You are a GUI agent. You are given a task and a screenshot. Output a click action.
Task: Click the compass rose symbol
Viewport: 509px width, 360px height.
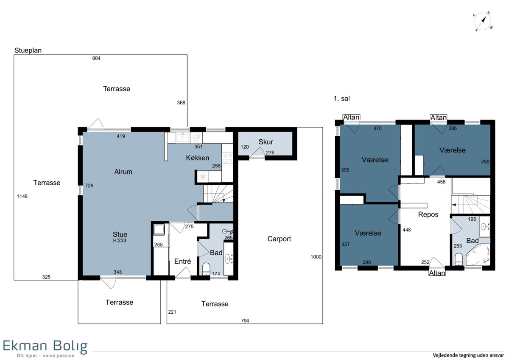coord(483,22)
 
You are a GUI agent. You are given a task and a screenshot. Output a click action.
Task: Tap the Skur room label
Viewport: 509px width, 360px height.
coord(266,142)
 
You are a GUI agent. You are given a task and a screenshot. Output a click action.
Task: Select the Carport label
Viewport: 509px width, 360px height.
coord(279,239)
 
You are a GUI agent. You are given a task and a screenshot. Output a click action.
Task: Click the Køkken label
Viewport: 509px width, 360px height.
coord(198,158)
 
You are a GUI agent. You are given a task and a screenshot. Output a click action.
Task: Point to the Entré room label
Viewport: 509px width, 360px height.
coord(182,262)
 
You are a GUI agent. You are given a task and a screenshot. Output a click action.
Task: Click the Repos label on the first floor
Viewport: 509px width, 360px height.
coord(428,214)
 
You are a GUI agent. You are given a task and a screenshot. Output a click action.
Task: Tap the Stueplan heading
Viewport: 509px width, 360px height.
coord(28,50)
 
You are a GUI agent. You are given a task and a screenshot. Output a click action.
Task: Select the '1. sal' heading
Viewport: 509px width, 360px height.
coord(341,98)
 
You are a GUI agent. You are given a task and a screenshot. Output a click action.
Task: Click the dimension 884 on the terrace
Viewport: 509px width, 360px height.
coord(96,58)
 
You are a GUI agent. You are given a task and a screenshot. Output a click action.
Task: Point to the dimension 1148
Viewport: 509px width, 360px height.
coord(22,196)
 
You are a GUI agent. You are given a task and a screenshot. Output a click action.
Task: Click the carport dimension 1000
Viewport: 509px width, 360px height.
coord(316,257)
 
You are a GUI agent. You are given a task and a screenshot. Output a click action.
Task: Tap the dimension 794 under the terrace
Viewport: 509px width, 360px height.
coord(245,321)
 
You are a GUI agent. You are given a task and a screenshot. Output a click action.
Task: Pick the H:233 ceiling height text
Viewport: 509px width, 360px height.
coord(120,240)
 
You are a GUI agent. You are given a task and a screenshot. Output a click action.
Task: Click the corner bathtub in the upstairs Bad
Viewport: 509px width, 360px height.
coord(478,254)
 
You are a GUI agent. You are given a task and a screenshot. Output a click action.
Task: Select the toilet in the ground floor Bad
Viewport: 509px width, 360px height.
coord(206,269)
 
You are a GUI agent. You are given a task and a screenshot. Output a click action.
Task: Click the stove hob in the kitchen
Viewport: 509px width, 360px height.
coord(227,158)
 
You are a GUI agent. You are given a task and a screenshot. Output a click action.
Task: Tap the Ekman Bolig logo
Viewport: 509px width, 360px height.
coord(45,348)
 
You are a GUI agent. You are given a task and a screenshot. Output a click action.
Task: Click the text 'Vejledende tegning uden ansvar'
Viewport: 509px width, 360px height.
coord(468,355)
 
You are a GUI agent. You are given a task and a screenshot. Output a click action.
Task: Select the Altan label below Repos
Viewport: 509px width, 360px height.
coord(437,273)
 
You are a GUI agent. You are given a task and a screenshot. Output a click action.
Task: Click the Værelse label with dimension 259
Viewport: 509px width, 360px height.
coord(453,150)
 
